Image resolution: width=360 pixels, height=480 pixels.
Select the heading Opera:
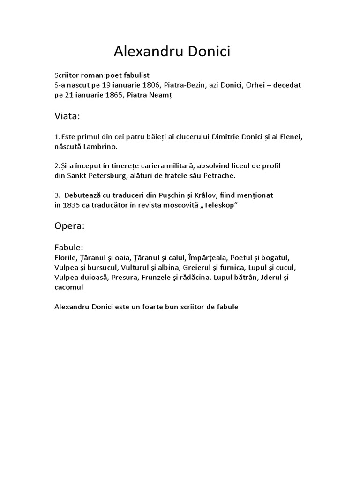tap(69, 225)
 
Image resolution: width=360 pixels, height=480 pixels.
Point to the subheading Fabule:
tap(68, 247)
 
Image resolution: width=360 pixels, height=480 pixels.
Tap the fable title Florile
tap(65, 258)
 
